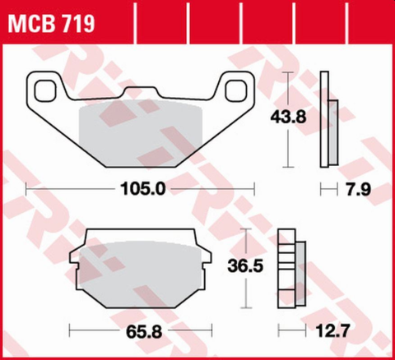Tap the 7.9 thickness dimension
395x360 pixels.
click(x=358, y=188)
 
